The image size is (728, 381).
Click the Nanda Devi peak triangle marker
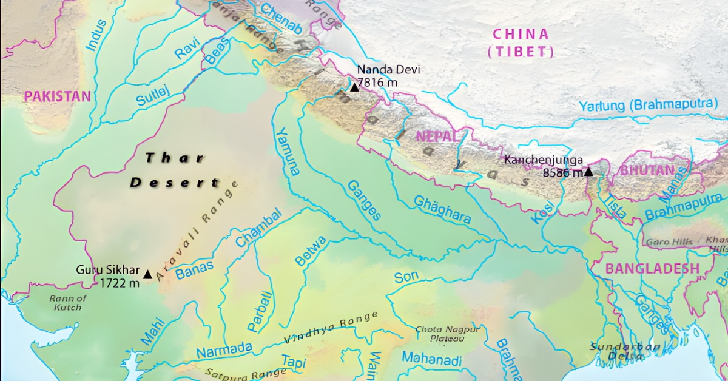[x=354, y=87]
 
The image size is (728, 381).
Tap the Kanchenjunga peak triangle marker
[x=588, y=172]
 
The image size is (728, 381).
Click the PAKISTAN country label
[x=57, y=96]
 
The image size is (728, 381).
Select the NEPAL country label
[x=436, y=136]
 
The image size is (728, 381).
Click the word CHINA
[x=521, y=34]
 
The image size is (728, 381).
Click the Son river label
[x=406, y=278]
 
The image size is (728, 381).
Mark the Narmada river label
[x=224, y=350]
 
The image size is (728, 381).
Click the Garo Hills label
[x=669, y=242]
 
